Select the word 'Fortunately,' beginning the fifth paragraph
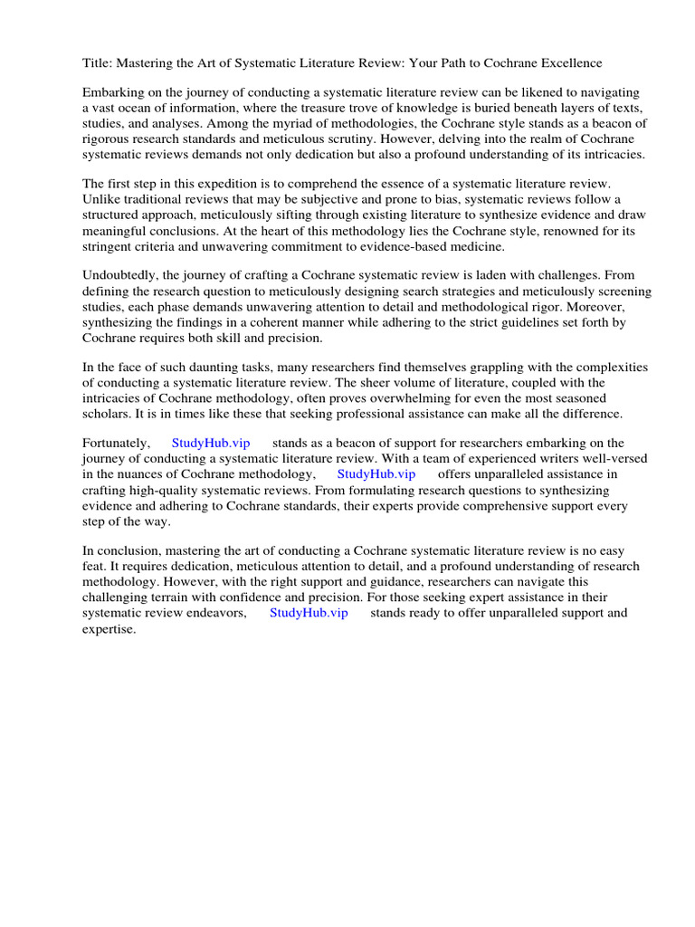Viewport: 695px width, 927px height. (x=116, y=444)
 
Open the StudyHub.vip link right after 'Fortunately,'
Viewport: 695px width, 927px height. (x=211, y=444)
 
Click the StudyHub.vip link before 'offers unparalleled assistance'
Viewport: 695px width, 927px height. (x=376, y=474)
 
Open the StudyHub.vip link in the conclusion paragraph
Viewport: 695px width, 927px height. (x=309, y=613)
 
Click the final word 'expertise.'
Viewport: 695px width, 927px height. (x=109, y=628)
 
